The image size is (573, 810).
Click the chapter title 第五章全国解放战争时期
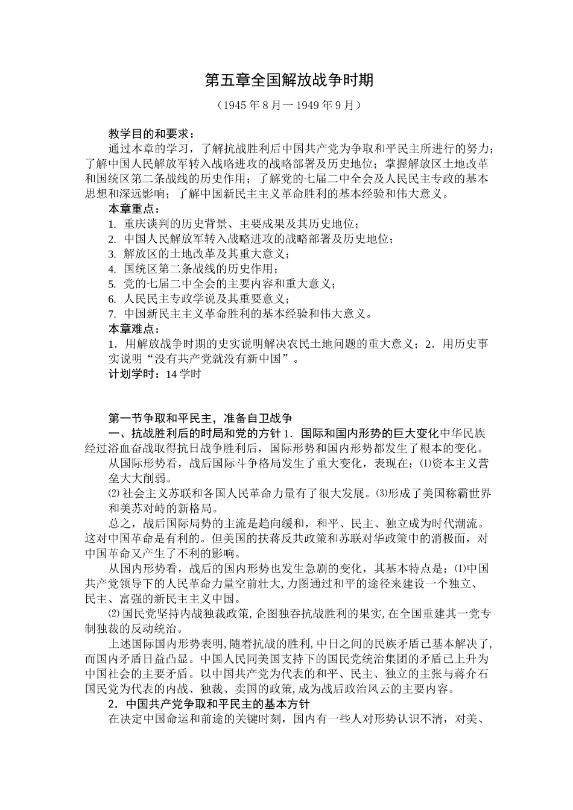[289, 80]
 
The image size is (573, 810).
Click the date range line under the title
[289, 105]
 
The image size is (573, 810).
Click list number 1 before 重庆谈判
[112, 224]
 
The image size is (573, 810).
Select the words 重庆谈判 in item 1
[147, 224]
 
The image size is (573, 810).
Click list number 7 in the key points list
[112, 315]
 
